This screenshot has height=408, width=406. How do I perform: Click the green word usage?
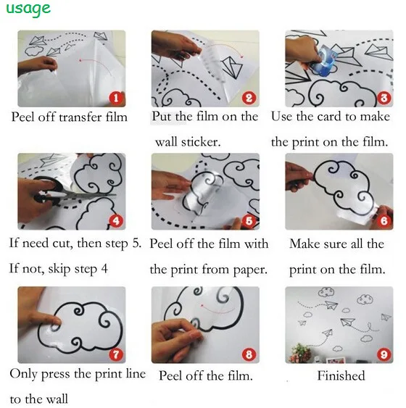[x=28, y=9]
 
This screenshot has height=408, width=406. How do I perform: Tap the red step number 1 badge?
[x=116, y=98]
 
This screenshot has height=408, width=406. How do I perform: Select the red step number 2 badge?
[x=249, y=98]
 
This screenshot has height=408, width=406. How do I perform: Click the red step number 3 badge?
[x=384, y=98]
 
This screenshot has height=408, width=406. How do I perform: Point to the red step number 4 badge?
[x=116, y=221]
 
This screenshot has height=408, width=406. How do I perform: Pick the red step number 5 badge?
[x=249, y=221]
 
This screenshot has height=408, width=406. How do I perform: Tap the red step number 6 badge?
[x=384, y=221]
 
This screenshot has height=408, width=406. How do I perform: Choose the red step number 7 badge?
[x=116, y=354]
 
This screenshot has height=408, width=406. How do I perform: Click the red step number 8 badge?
[x=249, y=354]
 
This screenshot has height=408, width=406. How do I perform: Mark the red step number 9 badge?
[x=384, y=354]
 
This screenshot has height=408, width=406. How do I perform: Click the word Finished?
[x=341, y=375]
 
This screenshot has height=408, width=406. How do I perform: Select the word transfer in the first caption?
[x=80, y=117]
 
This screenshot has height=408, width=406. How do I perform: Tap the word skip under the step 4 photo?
[x=59, y=269]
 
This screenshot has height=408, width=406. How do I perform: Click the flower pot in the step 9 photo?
[x=300, y=354]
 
